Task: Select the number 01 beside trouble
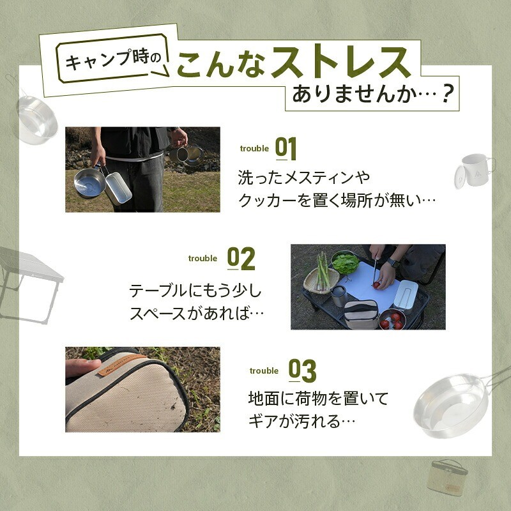286,148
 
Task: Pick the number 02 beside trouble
241,258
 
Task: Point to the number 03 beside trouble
302,370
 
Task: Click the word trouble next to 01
254,149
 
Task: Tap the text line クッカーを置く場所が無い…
337,200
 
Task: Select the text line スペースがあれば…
197,314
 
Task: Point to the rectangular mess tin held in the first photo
118,185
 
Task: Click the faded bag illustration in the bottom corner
447,476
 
